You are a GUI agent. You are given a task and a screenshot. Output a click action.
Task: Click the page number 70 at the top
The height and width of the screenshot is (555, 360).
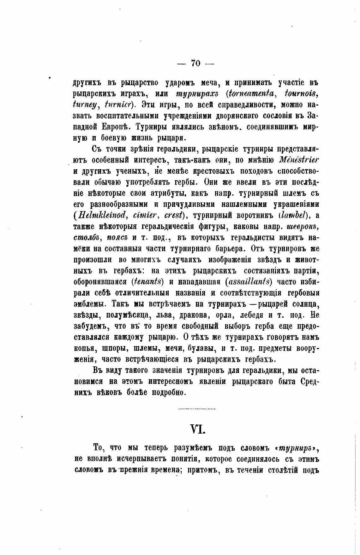195,63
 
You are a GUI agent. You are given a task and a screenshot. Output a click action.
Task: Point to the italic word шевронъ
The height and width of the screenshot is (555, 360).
303,227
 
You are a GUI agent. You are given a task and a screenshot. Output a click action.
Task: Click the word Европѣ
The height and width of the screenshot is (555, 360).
116,127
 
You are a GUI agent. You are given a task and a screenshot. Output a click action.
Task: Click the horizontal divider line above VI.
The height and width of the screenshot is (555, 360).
196,409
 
